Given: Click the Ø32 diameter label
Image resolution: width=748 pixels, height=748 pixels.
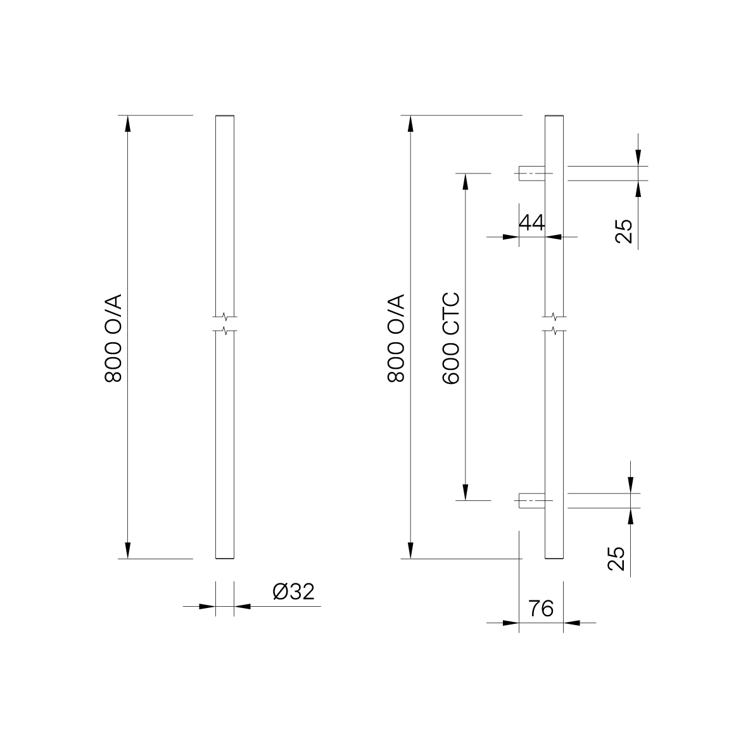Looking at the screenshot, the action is click(x=293, y=592).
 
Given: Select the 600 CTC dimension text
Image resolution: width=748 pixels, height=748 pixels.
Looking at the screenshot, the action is click(x=451, y=338).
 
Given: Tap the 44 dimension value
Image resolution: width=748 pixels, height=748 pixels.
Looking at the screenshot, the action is click(x=531, y=222).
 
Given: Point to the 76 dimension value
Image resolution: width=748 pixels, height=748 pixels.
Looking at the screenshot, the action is click(x=541, y=609).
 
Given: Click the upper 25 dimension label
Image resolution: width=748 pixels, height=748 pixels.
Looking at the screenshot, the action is click(x=623, y=231).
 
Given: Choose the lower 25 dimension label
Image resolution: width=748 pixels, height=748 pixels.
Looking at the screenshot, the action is click(x=616, y=559).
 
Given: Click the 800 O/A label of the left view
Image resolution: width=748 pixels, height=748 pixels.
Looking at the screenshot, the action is click(x=113, y=338).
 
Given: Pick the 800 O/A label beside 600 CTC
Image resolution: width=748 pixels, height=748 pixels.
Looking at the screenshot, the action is click(x=396, y=338).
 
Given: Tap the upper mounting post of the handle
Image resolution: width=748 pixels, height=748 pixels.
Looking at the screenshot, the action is click(x=532, y=174).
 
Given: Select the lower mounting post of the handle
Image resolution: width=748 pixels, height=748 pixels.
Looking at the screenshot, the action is click(x=532, y=501).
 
